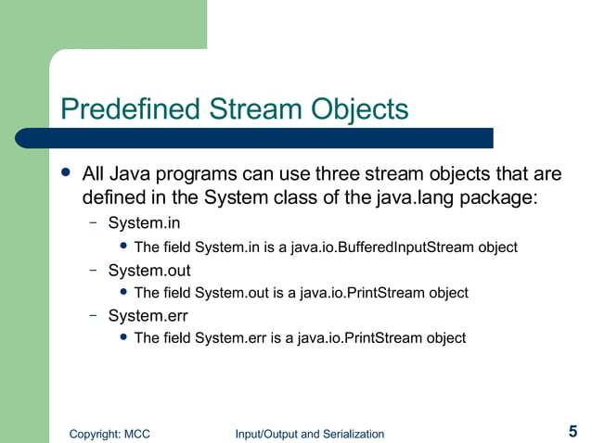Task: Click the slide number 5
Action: pos(573,431)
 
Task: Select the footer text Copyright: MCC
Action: pos(110,434)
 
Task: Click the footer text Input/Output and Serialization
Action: pos(309,434)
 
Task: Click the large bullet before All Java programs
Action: pos(65,173)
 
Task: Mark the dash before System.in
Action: pos(94,223)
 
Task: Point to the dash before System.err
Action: pos(94,315)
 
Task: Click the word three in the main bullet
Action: pos(367,174)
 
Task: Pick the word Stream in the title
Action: pos(250,109)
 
